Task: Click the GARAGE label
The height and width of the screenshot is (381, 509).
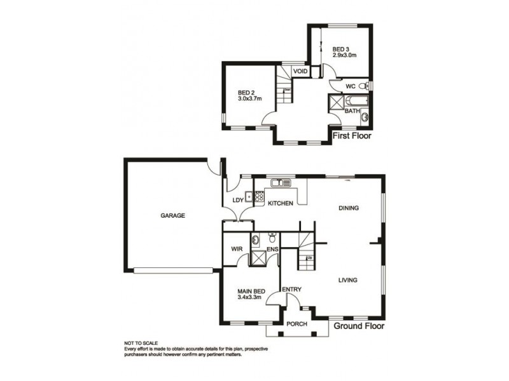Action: (x=172, y=215)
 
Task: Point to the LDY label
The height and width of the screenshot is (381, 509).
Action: (x=239, y=201)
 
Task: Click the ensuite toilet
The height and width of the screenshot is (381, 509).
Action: (x=272, y=239)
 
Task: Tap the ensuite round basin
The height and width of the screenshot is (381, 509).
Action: (x=255, y=240)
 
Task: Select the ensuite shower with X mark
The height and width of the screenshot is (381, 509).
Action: (x=259, y=258)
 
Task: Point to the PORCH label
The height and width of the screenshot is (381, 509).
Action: (x=297, y=324)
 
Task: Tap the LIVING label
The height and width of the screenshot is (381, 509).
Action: (x=347, y=280)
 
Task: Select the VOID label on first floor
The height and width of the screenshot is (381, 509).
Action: (x=300, y=71)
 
